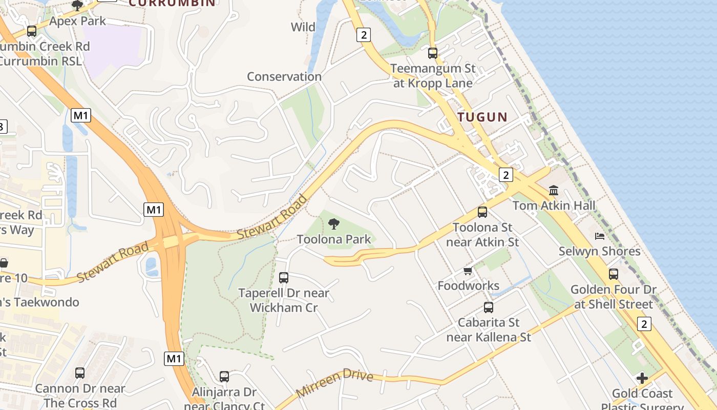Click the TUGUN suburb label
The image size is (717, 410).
482,117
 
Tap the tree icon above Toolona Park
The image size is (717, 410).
334,223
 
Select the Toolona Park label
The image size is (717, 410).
334,239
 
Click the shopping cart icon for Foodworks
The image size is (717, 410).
468,271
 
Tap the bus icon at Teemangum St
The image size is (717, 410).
433,53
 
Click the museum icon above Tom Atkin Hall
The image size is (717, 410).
554,190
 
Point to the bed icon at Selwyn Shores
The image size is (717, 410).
600,236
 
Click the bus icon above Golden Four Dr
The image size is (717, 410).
614,274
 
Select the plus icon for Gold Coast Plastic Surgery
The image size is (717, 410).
642,378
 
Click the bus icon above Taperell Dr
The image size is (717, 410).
284,278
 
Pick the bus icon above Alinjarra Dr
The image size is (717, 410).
224,377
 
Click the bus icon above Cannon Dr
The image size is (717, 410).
80,373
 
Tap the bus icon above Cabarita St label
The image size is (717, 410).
489,307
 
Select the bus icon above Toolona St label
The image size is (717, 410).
482,212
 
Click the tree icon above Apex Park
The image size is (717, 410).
77,6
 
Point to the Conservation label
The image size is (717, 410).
284,77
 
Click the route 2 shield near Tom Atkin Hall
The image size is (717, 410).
506,175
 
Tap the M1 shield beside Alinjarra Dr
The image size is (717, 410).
174,358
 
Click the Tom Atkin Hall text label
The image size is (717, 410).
554,206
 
